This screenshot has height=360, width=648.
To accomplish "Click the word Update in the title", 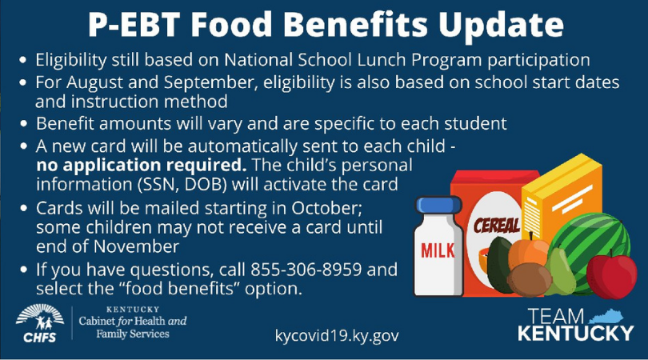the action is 501,25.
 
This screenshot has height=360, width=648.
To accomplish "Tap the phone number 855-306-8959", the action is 306,270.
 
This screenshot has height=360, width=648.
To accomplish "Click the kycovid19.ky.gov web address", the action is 337,335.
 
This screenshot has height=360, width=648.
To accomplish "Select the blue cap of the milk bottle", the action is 438,205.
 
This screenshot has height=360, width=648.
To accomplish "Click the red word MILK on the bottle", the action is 438,250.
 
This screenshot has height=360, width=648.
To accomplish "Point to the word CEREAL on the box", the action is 496,226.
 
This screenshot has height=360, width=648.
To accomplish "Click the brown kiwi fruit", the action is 529,280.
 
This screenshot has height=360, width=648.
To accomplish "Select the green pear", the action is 560,271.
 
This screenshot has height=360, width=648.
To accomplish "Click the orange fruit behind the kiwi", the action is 527,250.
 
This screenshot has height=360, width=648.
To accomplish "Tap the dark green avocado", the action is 499,264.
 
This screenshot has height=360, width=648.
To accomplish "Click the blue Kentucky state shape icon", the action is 606,317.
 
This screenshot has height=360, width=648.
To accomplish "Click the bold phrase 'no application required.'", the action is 142,166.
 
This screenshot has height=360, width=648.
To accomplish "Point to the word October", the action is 326,208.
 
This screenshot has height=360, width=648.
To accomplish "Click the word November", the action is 136,246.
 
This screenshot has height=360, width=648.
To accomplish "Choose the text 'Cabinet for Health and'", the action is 133,321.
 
